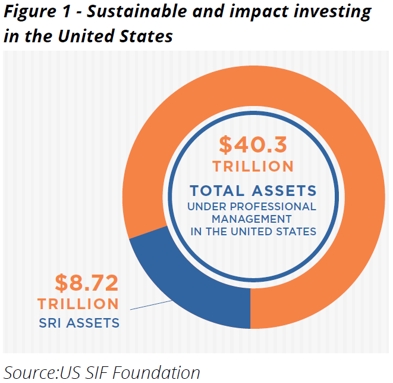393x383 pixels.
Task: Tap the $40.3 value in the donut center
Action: tap(253, 145)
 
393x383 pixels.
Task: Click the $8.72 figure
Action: tap(87, 281)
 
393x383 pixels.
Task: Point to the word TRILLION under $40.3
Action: tap(253, 166)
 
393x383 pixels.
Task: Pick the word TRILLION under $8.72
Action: tap(78, 304)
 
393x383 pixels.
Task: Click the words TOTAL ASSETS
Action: tap(253, 191)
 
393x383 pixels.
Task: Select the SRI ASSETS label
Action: tap(78, 323)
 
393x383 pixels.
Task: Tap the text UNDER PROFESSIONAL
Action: tap(253, 207)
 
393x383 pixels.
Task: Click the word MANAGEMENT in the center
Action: tap(253, 219)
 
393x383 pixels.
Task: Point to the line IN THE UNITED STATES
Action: tap(253, 231)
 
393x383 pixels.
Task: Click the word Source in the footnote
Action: tap(30, 372)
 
